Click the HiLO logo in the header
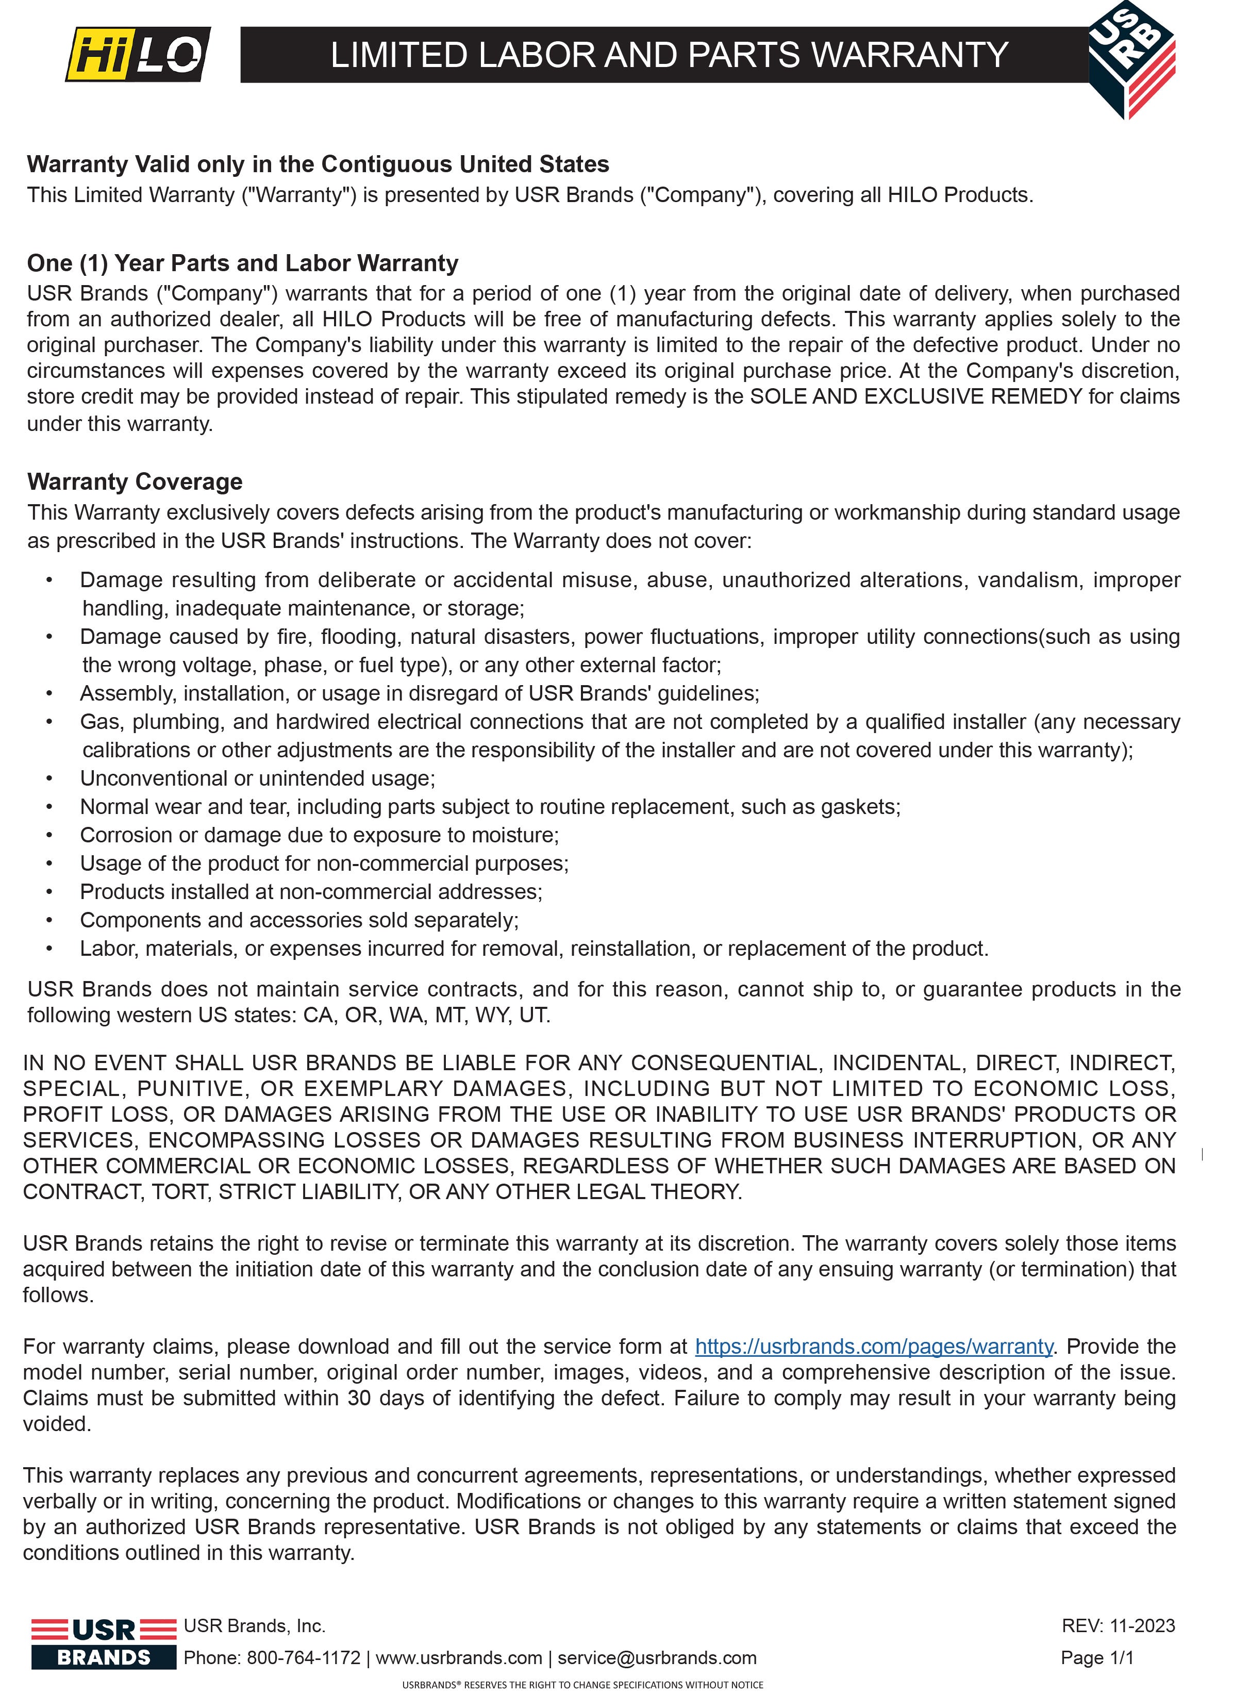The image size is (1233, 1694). click(x=138, y=54)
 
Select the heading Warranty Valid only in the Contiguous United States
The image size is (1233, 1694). click(x=318, y=164)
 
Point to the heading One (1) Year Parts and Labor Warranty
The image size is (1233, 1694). click(x=243, y=263)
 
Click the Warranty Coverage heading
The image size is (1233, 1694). click(x=135, y=483)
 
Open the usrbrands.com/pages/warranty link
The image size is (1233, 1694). click(x=874, y=1347)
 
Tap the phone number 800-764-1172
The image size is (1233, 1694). click(x=304, y=1658)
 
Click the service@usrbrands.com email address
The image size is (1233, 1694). click(x=657, y=1658)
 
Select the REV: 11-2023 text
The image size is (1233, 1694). click(x=1118, y=1626)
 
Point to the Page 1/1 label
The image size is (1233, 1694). click(x=1097, y=1658)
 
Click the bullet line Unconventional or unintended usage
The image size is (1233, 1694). click(x=258, y=779)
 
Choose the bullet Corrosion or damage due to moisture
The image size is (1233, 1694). click(x=320, y=836)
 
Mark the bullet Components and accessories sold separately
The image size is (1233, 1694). click(x=299, y=921)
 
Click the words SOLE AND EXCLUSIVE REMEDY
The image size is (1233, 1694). click(x=915, y=396)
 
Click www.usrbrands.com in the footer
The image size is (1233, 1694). click(x=459, y=1658)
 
